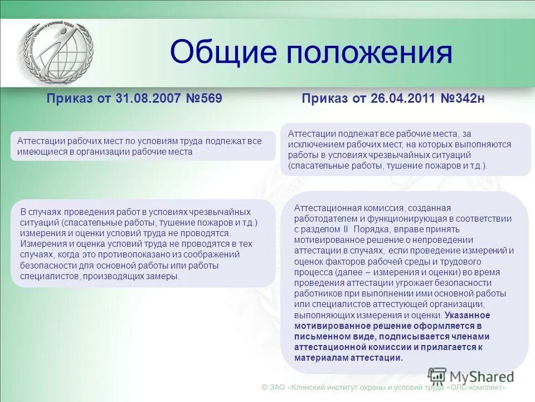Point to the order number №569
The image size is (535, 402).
pyautogui.click(x=205, y=99)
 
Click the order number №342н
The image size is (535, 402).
pyautogui.click(x=463, y=99)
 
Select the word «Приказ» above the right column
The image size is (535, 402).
pyautogui.click(x=325, y=99)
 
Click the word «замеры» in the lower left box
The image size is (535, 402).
pyautogui.click(x=166, y=276)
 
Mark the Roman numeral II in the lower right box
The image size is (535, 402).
pyautogui.click(x=345, y=229)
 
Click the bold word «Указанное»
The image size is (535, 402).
pyautogui.click(x=467, y=315)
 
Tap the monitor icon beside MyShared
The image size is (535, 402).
pyautogui.click(x=437, y=375)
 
